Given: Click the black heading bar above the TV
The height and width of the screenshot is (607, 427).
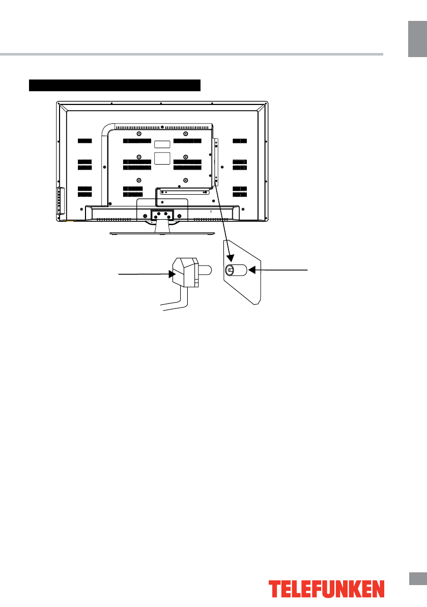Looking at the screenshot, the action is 116,85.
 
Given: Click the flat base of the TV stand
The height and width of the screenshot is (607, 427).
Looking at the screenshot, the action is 162,233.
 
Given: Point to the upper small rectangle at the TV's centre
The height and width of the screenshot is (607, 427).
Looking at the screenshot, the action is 161,144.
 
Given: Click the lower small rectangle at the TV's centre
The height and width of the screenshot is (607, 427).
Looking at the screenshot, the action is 161,157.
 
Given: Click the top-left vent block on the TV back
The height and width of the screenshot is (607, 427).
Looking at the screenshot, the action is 85,141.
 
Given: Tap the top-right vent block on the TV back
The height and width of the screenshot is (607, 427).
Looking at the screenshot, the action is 239,141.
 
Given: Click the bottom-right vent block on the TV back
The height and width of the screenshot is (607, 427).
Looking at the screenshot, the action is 239,192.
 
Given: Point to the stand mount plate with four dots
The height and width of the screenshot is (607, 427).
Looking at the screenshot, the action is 162,215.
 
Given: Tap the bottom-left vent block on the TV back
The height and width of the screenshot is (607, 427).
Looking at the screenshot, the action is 85,192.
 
